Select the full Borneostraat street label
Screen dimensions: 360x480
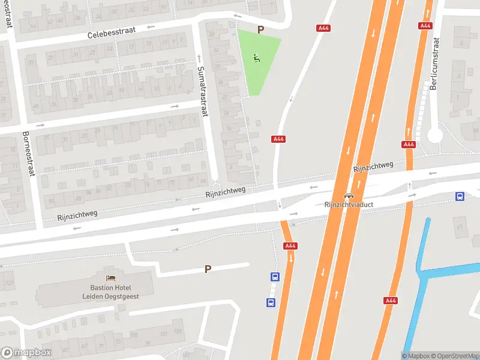click(x=28, y=154)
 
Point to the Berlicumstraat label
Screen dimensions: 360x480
click(x=435, y=64)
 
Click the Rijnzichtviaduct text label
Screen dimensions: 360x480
click(x=349, y=205)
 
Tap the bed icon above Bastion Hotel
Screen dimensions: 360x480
click(x=110, y=278)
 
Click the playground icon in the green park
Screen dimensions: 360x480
click(x=257, y=58)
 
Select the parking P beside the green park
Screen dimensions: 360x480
click(x=260, y=29)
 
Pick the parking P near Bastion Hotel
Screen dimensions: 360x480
click(x=208, y=269)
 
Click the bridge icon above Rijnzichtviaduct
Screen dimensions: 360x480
click(x=349, y=196)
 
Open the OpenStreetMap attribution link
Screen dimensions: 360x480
click(x=455, y=356)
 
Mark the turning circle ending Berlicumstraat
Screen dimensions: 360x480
click(x=435, y=136)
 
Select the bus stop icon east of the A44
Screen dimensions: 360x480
click(x=460, y=196)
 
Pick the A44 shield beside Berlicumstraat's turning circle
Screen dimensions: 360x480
click(x=409, y=145)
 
